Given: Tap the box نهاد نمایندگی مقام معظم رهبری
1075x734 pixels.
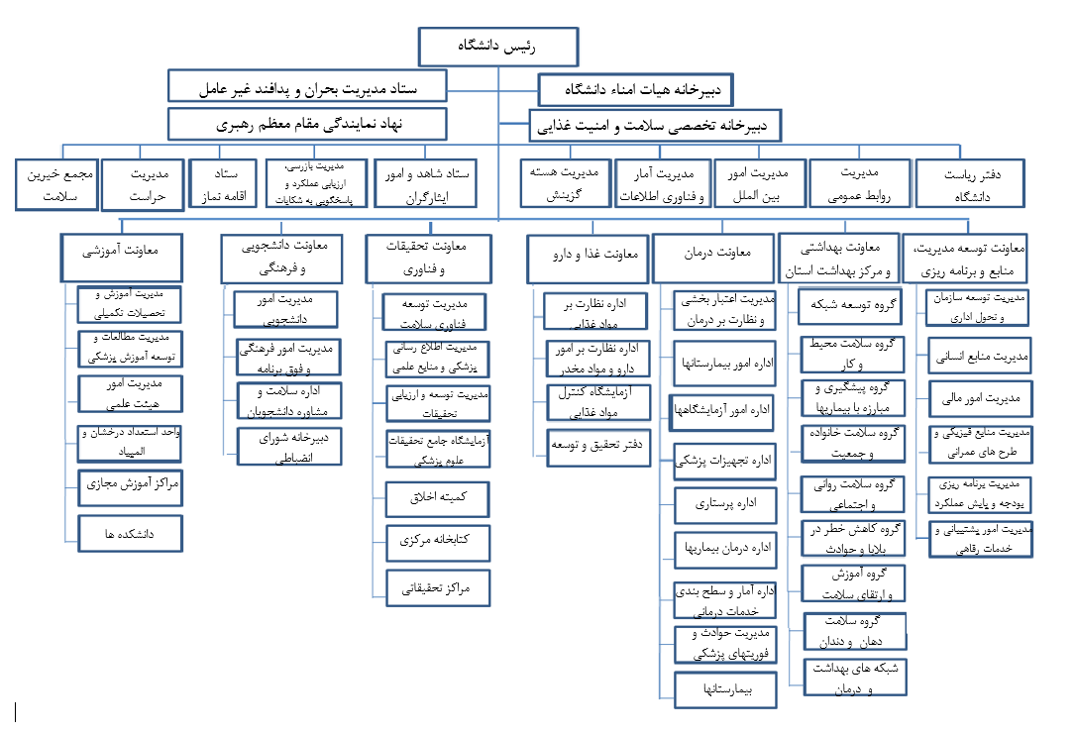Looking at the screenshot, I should click(307, 124).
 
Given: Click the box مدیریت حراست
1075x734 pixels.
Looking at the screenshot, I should click(143, 184).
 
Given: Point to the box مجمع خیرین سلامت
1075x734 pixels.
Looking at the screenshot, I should click(56, 184).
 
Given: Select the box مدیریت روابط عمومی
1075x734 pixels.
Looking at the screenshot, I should click(859, 184).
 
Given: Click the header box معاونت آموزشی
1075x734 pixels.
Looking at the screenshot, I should click(121, 251).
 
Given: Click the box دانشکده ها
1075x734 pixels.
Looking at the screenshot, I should click(130, 534).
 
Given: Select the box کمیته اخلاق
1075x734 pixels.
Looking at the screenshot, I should click(438, 497).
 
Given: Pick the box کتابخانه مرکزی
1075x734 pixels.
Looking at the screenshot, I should click(438, 542).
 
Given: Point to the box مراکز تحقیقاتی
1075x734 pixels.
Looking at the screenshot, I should click(438, 588).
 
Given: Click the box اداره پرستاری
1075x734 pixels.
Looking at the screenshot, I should click(725, 504).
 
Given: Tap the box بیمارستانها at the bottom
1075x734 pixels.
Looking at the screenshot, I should click(725, 689).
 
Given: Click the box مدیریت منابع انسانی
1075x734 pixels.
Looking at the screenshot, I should click(980, 354).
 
